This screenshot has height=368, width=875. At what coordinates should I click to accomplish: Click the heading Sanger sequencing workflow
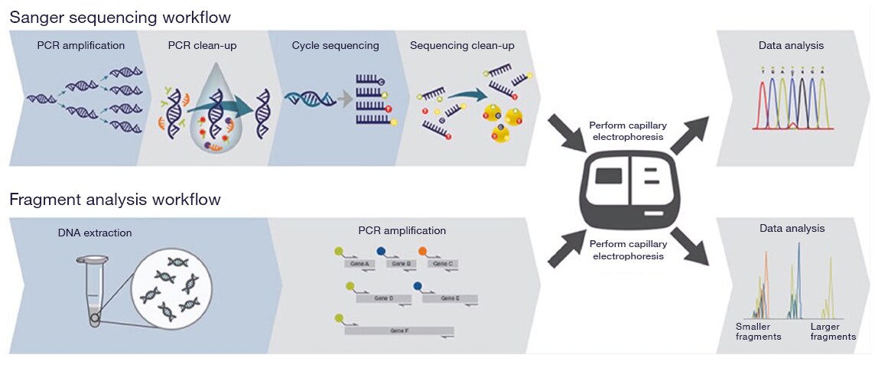pyautogui.click(x=120, y=16)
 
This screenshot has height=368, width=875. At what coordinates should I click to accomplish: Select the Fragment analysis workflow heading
pyautogui.click(x=115, y=200)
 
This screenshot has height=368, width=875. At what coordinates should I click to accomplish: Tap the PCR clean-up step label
pyautogui.click(x=202, y=46)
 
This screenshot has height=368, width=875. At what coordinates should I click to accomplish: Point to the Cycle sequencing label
pyautogui.click(x=335, y=46)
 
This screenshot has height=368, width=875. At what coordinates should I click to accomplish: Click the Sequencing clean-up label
pyautogui.click(x=462, y=46)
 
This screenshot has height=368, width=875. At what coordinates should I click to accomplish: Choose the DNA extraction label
pyautogui.click(x=95, y=233)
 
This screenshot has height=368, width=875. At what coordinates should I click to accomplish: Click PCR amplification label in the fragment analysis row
pyautogui.click(x=402, y=230)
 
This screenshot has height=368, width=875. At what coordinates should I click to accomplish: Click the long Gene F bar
pyautogui.click(x=398, y=331)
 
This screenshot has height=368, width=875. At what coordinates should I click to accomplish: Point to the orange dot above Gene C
pyautogui.click(x=422, y=250)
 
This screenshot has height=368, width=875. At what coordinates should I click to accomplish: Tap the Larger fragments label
pyautogui.click(x=833, y=331)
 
